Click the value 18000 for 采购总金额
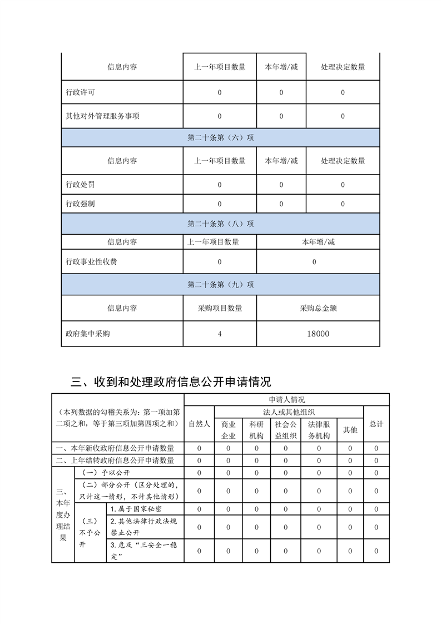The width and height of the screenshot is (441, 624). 318,334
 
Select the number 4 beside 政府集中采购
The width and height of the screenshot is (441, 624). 220,334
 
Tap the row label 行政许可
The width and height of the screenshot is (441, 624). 77,92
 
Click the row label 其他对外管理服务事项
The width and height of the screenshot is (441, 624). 95,116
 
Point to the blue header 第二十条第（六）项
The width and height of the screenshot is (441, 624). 220,137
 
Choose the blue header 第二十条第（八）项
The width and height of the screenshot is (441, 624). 220,224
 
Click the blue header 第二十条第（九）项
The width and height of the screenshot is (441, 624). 220,284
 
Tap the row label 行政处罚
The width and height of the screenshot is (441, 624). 77,185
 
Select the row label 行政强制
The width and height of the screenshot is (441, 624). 77,204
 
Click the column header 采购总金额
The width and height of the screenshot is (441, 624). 318,308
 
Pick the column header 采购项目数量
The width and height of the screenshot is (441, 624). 220,308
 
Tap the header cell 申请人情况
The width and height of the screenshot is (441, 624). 286,399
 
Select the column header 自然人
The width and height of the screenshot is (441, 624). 199,424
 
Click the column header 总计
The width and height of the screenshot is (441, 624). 376,424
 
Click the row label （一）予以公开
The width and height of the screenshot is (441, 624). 106,473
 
